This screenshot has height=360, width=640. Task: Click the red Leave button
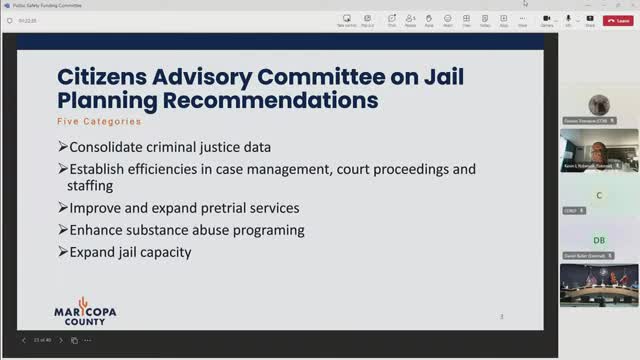click(x=620, y=19)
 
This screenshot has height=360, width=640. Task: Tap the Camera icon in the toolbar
click(x=548, y=19)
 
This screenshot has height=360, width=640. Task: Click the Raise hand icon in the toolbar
click(x=428, y=19)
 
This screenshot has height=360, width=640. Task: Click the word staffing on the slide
click(x=92, y=185)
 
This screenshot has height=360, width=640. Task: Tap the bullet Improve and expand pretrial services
click(x=184, y=208)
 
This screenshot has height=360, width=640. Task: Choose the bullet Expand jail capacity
click(x=130, y=252)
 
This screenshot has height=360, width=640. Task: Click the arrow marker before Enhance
click(x=62, y=230)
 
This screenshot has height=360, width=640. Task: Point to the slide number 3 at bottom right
click(x=501, y=317)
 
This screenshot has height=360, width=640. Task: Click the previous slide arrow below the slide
click(x=24, y=340)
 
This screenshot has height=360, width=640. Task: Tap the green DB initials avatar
click(x=599, y=241)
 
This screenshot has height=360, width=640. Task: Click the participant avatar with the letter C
click(x=599, y=195)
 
